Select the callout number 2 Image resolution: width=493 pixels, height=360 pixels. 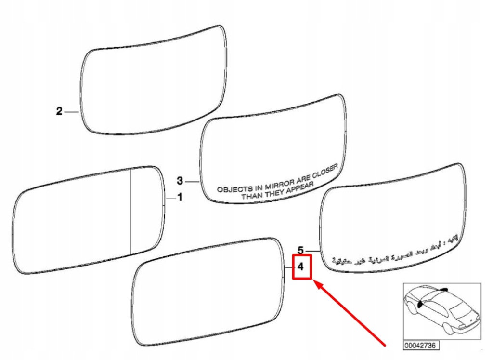coord(59,112)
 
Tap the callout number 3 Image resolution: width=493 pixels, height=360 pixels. coord(180,181)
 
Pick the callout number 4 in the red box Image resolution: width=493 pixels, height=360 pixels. coord(300,267)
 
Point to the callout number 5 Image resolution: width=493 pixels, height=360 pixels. coord(300,250)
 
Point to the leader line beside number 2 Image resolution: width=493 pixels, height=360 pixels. coord(71,112)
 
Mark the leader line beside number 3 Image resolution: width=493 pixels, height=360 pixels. coord(192,181)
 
